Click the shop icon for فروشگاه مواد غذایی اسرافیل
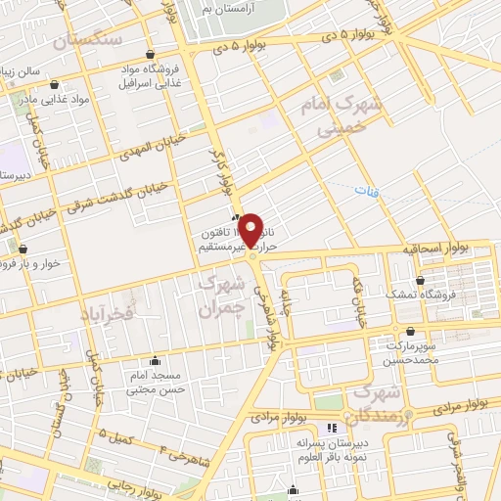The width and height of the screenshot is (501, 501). pos(150,55)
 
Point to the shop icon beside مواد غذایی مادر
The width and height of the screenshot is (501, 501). pos(53,84)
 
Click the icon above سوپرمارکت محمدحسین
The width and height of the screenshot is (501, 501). pos(409,333)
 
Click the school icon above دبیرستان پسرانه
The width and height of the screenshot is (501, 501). pos(331,429)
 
